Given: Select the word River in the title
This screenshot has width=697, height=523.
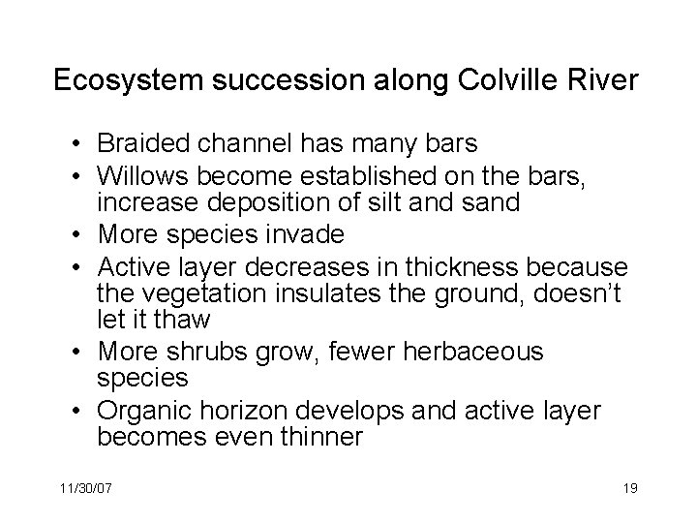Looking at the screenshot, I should tap(608, 80).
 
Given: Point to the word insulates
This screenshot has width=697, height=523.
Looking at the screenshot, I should tap(319, 292).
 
